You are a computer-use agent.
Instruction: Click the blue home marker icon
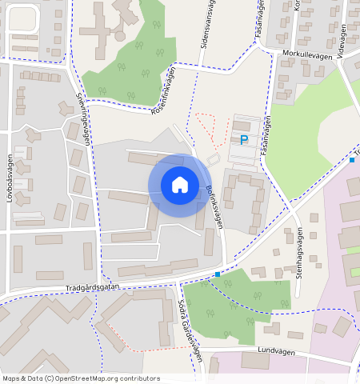[180, 185]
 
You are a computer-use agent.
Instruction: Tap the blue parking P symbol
[244, 140]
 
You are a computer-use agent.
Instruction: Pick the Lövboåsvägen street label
[10, 178]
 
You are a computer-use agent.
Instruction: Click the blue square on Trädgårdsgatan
[218, 274]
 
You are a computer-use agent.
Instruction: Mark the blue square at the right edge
[352, 160]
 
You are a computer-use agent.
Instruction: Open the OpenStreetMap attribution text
[81, 378]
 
